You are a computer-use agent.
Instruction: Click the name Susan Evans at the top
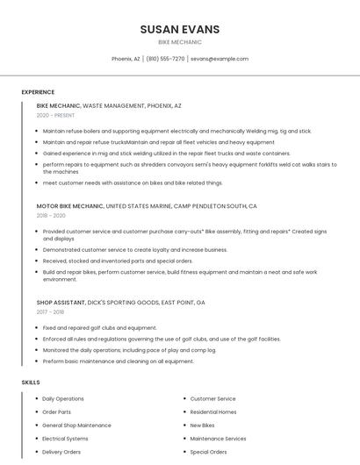(x=180, y=29)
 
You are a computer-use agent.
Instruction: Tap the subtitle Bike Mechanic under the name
(x=180, y=42)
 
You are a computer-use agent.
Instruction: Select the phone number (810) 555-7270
(x=165, y=59)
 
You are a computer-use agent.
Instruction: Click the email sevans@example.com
(x=220, y=59)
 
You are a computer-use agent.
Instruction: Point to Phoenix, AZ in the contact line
(x=126, y=59)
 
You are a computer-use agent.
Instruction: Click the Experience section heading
(x=38, y=92)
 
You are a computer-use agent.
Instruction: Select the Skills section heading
(x=30, y=383)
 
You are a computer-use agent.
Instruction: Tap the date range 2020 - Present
(x=55, y=115)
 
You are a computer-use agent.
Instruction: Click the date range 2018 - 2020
(x=51, y=215)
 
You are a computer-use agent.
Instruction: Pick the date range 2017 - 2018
(x=51, y=311)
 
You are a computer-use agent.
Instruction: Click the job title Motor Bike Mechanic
(x=69, y=205)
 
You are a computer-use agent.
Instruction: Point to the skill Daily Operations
(x=63, y=399)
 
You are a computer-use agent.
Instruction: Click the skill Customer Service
(x=212, y=399)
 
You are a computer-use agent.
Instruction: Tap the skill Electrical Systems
(x=65, y=439)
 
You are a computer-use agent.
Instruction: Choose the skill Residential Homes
(x=213, y=412)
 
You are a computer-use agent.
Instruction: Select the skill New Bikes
(x=202, y=426)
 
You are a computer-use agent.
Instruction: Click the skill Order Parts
(x=57, y=412)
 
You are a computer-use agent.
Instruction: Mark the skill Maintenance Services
(x=218, y=439)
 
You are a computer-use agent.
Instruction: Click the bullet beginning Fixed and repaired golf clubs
(x=100, y=327)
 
